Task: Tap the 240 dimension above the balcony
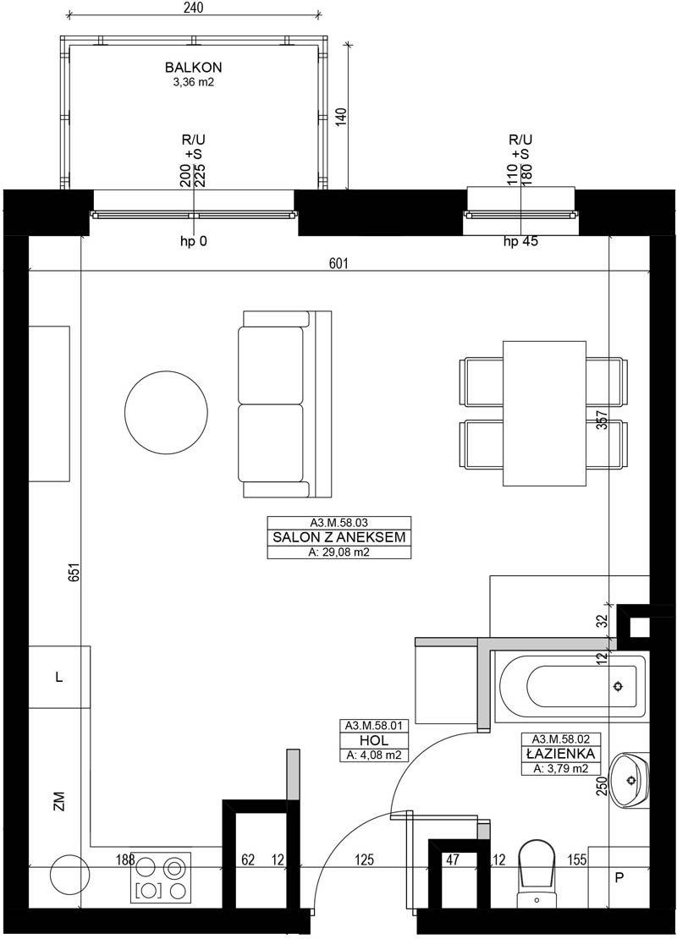point(194,8)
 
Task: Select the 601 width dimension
point(338,264)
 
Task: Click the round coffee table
point(166,412)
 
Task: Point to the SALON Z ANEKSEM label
point(339,537)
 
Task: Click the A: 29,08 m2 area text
point(339,552)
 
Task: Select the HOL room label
point(374,741)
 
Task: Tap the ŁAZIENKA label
point(560,754)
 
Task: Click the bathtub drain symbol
point(619,686)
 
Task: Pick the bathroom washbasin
point(629,780)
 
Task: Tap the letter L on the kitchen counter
point(58,678)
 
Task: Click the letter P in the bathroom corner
point(619,878)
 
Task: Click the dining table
point(544,413)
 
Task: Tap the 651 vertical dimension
point(74,574)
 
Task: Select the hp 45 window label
point(520,242)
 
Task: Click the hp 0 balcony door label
point(194,242)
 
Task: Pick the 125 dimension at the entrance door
point(364,860)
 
